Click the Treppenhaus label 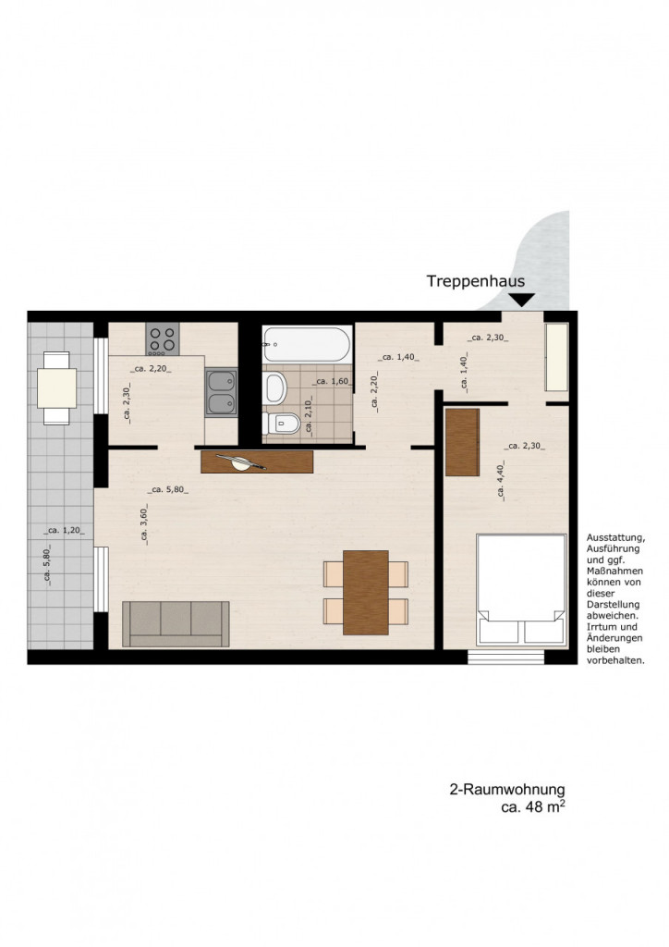click(x=475, y=281)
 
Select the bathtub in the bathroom click(x=307, y=344)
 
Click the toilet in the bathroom click(x=282, y=423)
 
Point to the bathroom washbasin click(x=274, y=387)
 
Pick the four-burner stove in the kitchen click(x=163, y=338)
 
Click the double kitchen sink click(x=221, y=392)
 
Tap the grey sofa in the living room click(x=176, y=624)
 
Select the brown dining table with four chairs click(x=366, y=593)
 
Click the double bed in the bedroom click(x=521, y=590)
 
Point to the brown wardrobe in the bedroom click(x=462, y=442)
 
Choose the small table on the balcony click(x=56, y=387)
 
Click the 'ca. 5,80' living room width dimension click(x=167, y=490)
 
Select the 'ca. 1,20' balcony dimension click(x=64, y=531)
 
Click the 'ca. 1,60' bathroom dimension click(x=333, y=382)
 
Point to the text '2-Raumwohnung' click(x=507, y=790)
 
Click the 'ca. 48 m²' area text click(x=533, y=806)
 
